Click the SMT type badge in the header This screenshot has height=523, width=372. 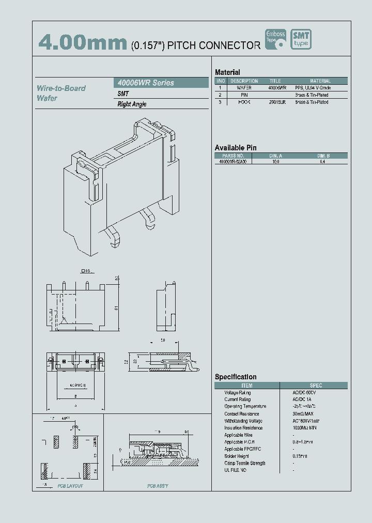[301, 39]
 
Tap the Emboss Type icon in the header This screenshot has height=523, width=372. [275, 39]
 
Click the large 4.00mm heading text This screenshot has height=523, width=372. [83, 43]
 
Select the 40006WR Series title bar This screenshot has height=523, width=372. [160, 83]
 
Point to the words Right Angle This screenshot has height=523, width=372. [132, 104]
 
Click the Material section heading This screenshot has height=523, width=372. [227, 72]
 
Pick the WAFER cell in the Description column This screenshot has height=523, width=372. [244, 88]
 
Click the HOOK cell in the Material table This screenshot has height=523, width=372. [244, 102]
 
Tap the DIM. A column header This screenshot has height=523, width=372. [276, 156]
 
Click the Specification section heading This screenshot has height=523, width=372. [236, 377]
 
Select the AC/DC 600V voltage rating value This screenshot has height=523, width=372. [302, 393]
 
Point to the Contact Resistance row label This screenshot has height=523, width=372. [241, 414]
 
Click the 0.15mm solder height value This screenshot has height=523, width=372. [300, 456]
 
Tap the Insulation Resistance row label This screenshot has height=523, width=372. [243, 428]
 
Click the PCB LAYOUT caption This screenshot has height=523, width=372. [70, 486]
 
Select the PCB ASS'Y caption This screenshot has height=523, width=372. [158, 486]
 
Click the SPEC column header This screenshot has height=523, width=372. [316, 386]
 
